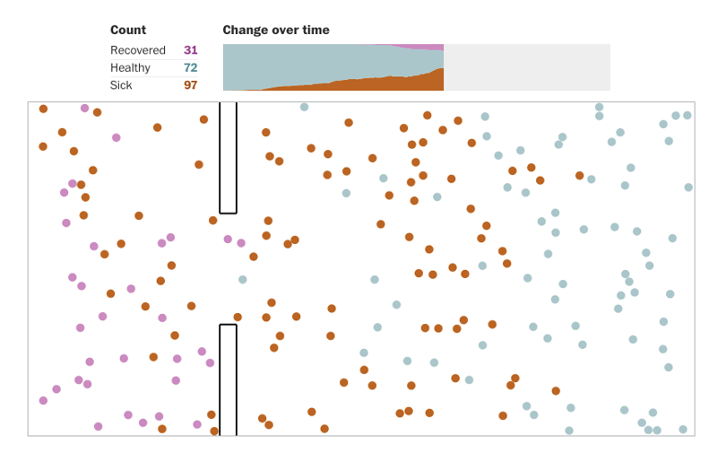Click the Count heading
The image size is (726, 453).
click(x=128, y=30)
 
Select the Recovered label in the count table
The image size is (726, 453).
click(x=137, y=50)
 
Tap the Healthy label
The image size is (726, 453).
click(x=130, y=67)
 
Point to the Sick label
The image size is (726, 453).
click(x=121, y=85)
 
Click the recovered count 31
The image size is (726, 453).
click(x=190, y=50)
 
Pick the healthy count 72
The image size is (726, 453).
click(x=190, y=67)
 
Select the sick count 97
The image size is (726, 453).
click(x=190, y=85)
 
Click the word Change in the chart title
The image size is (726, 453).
click(x=245, y=30)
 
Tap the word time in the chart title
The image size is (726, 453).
click(x=315, y=30)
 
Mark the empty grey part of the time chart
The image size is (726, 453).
click(x=527, y=67)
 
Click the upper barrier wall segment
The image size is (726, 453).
click(x=228, y=158)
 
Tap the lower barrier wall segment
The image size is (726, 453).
click(x=228, y=379)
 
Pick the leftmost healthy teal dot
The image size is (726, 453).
click(x=243, y=280)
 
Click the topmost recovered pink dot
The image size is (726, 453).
click(x=85, y=108)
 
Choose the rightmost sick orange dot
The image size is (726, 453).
click(x=580, y=176)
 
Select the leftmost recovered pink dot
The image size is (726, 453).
click(x=43, y=401)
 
